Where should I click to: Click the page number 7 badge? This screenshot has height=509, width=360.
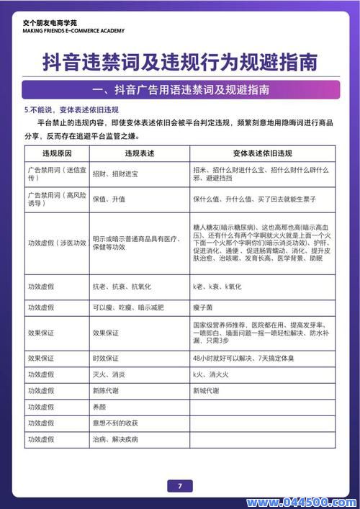click(x=179, y=486)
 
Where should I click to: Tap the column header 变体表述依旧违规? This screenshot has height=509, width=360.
click(x=262, y=154)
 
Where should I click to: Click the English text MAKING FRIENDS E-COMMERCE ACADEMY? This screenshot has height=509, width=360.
click(x=73, y=31)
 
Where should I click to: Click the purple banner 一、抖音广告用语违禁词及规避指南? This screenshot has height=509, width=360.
click(x=180, y=91)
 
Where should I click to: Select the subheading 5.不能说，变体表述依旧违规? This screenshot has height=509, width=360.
click(x=71, y=110)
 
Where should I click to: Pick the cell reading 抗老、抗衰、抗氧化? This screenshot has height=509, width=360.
click(x=120, y=287)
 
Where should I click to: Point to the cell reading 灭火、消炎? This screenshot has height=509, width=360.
click(x=109, y=374)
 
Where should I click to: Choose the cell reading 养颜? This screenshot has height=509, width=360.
click(x=100, y=406)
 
